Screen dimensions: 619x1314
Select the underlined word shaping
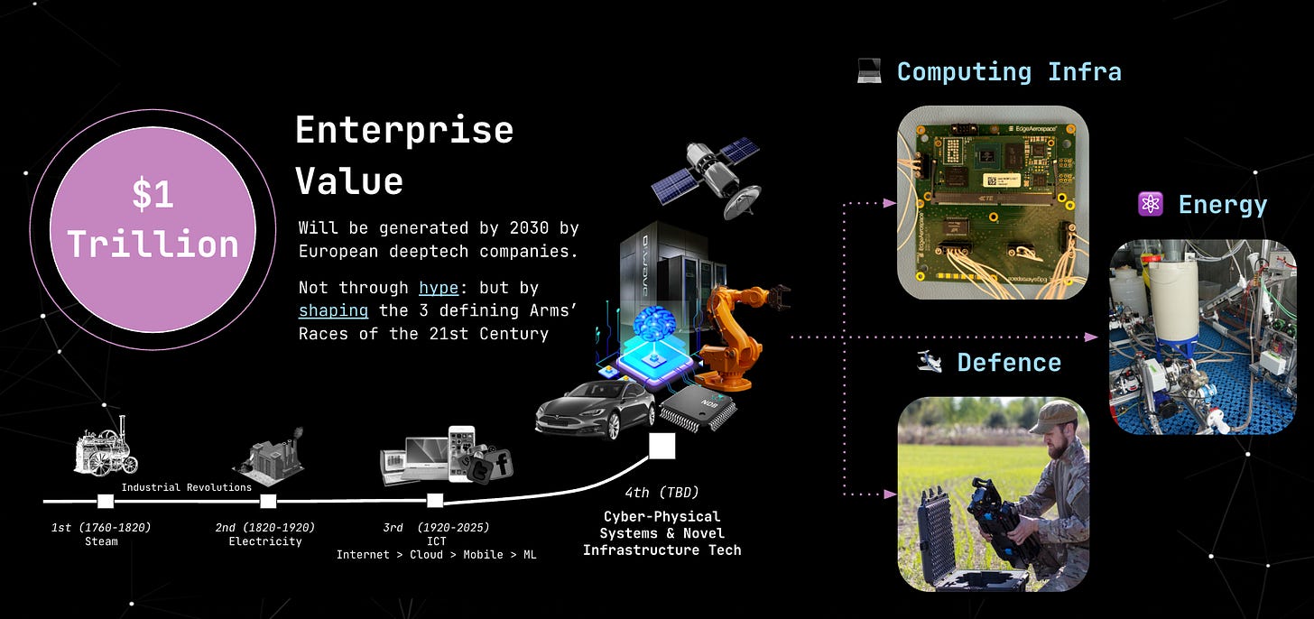pos(333,310)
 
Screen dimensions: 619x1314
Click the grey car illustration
pos(595,411)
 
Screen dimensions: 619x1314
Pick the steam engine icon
pos(106,448)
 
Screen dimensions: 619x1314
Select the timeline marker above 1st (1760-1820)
pos(105,501)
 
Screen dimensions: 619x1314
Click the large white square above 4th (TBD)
pos(662,446)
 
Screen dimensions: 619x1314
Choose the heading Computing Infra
pos(1009,72)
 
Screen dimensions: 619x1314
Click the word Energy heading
pos(1222,205)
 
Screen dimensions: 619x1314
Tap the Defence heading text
pos(1009,363)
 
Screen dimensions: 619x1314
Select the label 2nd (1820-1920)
pos(264,527)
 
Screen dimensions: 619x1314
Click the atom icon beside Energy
pos(1151,205)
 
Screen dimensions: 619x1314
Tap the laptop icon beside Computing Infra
pos(869,72)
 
